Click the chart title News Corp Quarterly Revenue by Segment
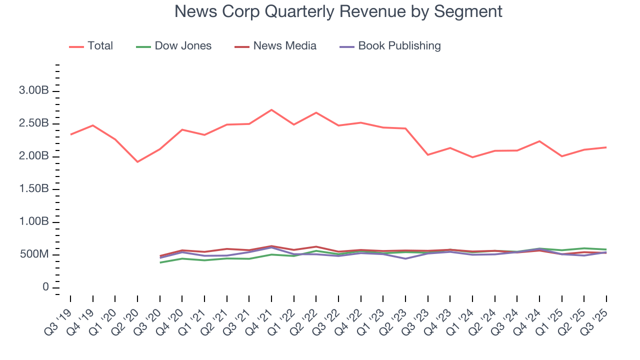pyautogui.click(x=338, y=11)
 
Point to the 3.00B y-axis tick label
pyautogui.click(x=33, y=91)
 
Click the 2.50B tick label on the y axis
pyautogui.click(x=33, y=123)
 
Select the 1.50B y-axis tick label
pyautogui.click(x=33, y=189)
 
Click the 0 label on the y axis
pyautogui.click(x=45, y=287)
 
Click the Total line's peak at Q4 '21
pyautogui.click(x=271, y=109)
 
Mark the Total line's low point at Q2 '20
pyautogui.click(x=137, y=161)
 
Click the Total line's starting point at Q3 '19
pyautogui.click(x=70, y=134)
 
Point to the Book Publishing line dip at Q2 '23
pyautogui.click(x=405, y=258)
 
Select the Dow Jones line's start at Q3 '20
pyautogui.click(x=159, y=262)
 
